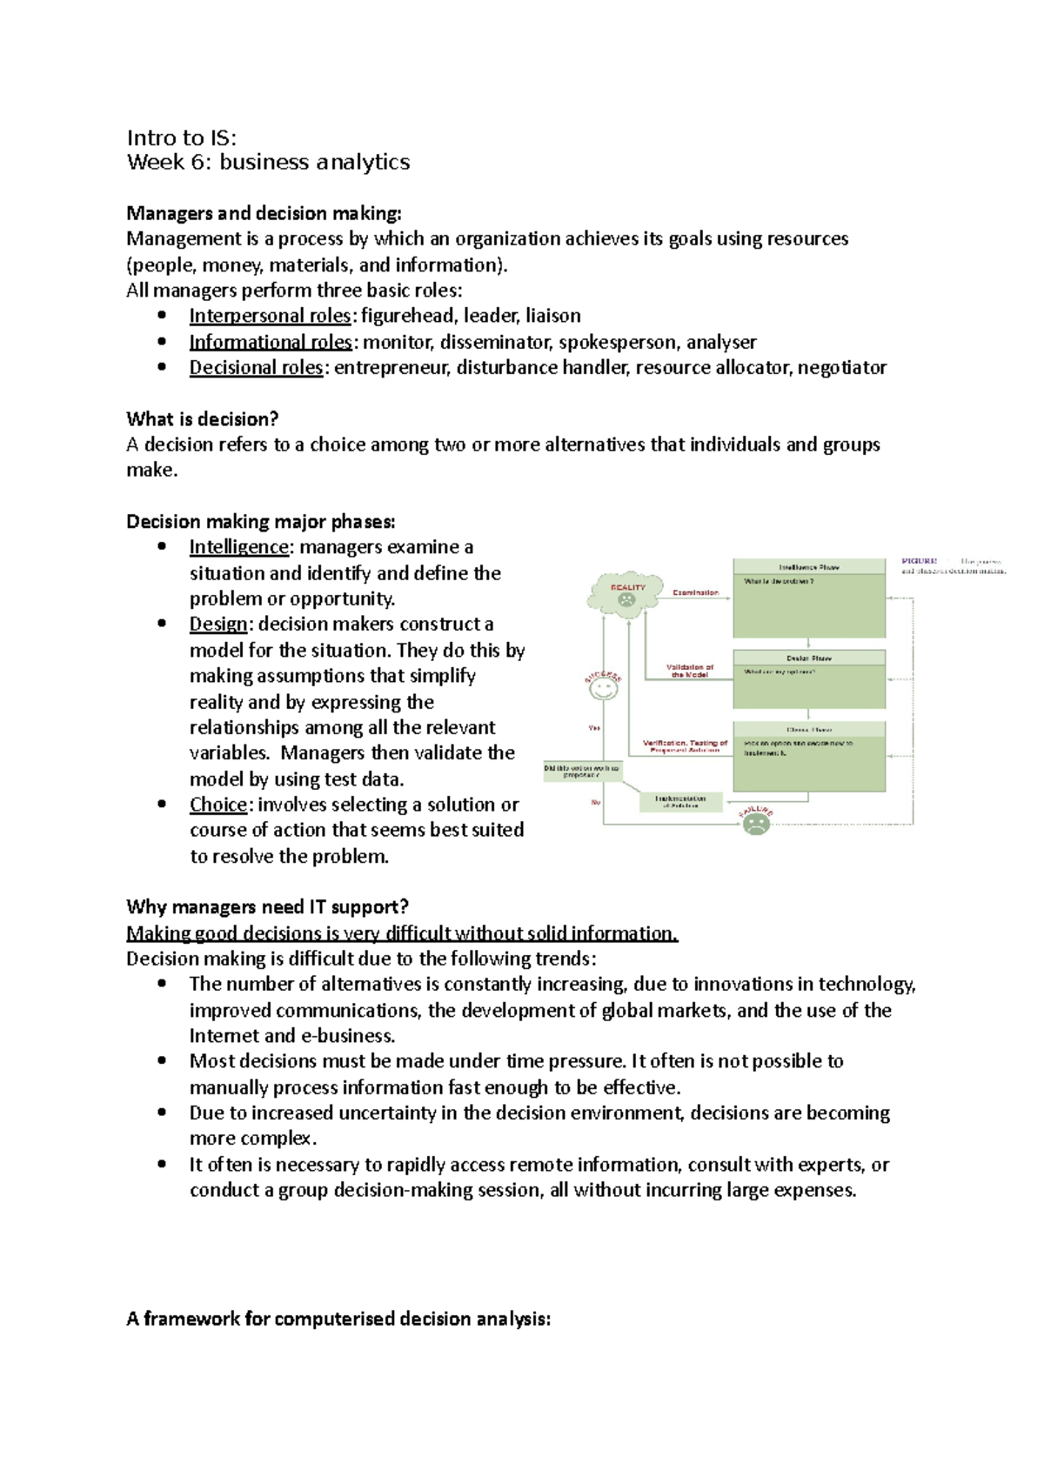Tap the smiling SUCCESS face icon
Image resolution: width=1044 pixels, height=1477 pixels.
603,689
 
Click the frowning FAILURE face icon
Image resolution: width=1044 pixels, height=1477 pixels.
756,822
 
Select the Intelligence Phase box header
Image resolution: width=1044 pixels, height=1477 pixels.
808,567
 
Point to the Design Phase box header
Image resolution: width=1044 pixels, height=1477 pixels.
808,658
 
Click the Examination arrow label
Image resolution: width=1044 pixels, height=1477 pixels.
695,592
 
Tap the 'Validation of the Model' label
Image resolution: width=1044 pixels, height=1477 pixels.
690,671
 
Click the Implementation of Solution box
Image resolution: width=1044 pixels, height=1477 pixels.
680,801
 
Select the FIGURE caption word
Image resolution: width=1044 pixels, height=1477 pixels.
919,562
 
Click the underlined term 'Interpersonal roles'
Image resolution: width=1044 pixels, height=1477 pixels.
270,316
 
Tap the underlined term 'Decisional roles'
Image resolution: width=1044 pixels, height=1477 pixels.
257,368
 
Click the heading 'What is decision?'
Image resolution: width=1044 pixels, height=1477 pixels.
202,419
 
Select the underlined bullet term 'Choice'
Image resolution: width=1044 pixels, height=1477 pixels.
218,805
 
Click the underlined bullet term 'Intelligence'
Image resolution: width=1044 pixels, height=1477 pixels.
238,547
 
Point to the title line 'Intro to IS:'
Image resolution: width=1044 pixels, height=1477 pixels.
182,137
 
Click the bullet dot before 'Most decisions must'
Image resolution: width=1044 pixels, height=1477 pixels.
162,1060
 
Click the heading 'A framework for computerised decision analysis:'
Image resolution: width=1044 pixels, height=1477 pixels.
338,1319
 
